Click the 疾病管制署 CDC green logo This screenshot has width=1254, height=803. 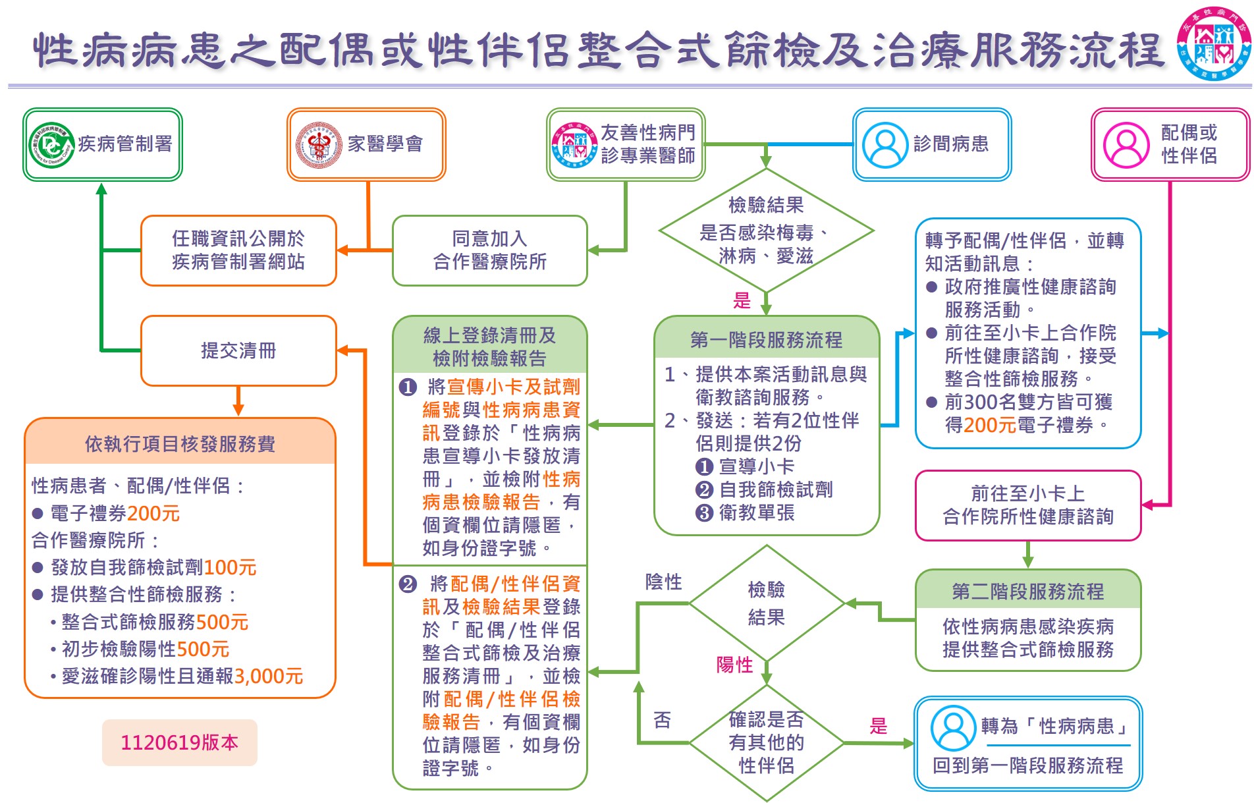click(52, 145)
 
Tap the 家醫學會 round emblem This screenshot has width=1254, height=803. click(319, 145)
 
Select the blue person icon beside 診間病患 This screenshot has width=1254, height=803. click(885, 145)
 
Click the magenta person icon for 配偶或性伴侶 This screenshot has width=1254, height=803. click(1126, 145)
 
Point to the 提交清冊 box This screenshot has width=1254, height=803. click(238, 350)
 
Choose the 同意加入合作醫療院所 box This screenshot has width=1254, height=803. click(489, 250)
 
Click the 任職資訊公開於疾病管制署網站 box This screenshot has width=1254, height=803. click(238, 250)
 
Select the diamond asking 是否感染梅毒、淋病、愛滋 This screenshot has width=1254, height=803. click(766, 231)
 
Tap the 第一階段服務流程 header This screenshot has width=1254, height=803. click(766, 339)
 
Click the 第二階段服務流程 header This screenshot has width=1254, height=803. click(1027, 591)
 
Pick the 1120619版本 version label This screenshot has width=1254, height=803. click(179, 742)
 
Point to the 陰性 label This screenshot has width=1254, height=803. click(663, 582)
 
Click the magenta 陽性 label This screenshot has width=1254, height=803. click(734, 665)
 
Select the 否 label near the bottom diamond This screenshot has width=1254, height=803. click(662, 720)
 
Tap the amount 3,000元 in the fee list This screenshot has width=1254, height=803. click(269, 677)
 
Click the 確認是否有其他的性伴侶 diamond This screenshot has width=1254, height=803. click(766, 742)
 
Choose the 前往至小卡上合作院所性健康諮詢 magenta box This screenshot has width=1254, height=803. click(1027, 505)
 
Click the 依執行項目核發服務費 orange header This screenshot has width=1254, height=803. click(180, 444)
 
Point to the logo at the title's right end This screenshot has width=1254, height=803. click(1214, 44)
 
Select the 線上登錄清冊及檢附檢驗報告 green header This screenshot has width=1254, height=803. click(489, 346)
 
